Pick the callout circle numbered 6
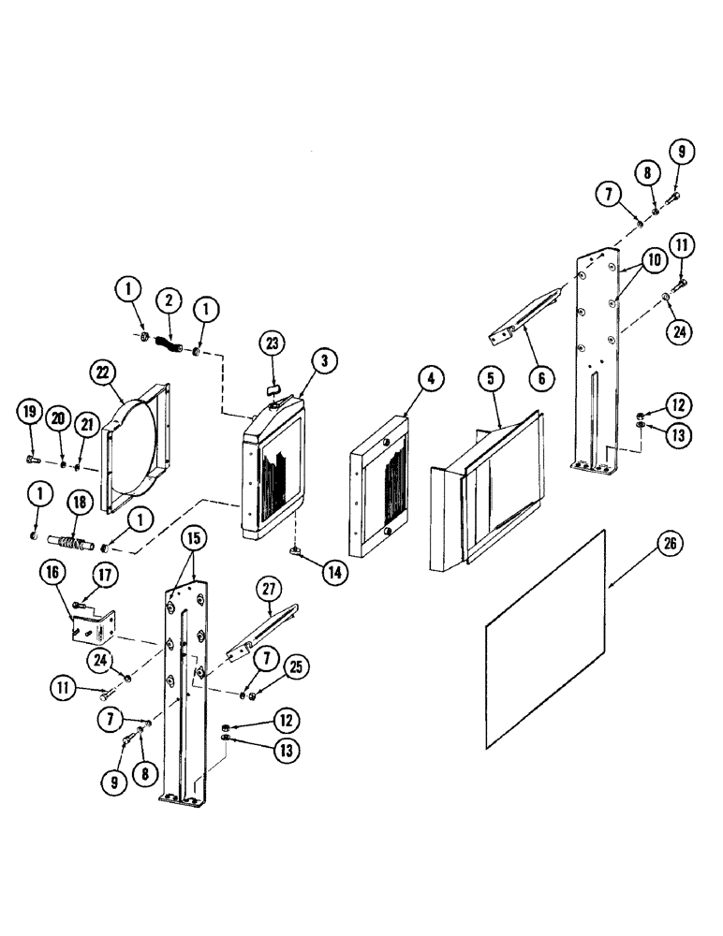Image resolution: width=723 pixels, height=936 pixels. (x=540, y=378)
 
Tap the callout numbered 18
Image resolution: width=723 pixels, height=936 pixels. (x=79, y=502)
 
